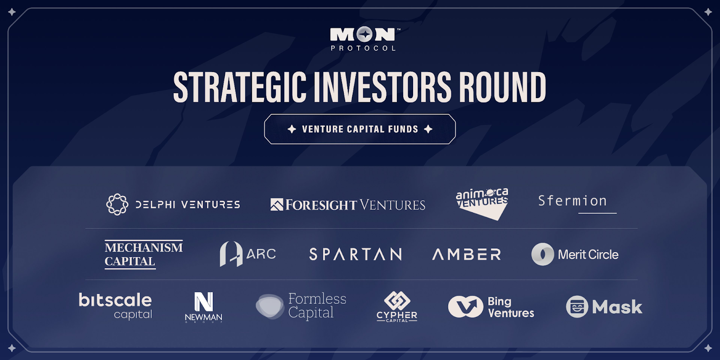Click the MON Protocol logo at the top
point(364,39)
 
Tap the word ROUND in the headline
point(502,87)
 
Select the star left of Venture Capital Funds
point(292,129)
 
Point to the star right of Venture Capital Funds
point(428,129)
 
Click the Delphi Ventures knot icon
point(117,204)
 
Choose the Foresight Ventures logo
point(348,205)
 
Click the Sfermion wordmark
point(572,201)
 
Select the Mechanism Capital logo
point(144,254)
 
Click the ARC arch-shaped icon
point(231,254)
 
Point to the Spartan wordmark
point(355,254)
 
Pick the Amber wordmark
point(466,254)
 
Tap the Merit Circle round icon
point(543,254)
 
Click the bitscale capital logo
point(115,306)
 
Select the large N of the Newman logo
point(204,301)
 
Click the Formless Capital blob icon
point(270,306)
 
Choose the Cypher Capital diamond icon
point(397,301)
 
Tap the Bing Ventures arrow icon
point(466,306)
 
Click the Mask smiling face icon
point(577,306)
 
